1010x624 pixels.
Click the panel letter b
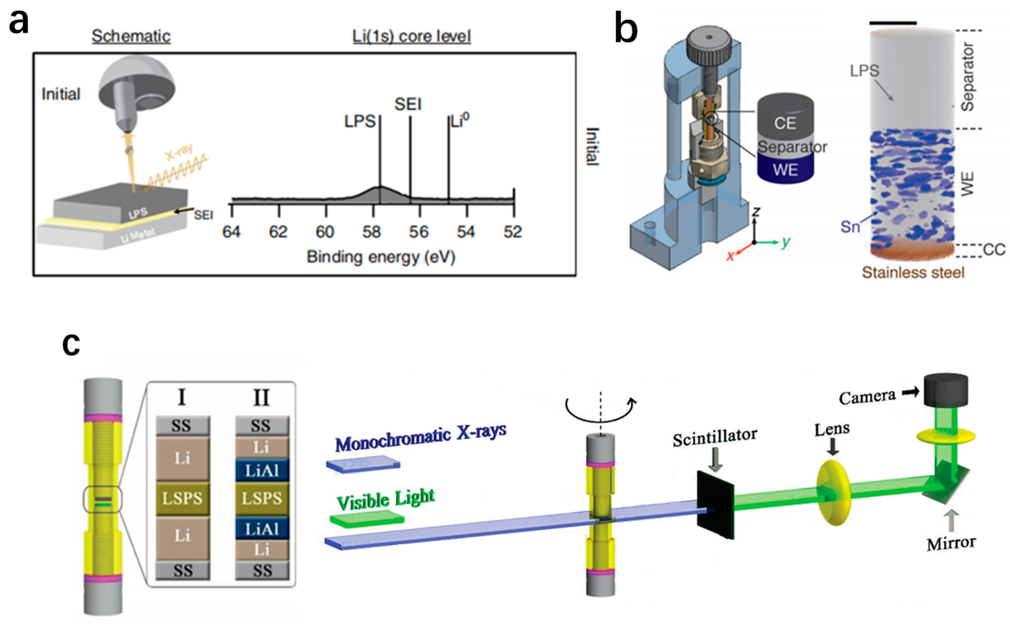pyautogui.click(x=626, y=29)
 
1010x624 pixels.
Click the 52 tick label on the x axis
pyautogui.click(x=513, y=232)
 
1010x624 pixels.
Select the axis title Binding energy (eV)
pyautogui.click(x=381, y=257)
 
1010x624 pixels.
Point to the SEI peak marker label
pyautogui.click(x=408, y=104)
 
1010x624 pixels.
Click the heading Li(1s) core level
pyautogui.click(x=411, y=36)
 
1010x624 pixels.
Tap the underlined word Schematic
pyautogui.click(x=131, y=36)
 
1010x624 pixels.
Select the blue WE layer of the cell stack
pyautogui.click(x=785, y=170)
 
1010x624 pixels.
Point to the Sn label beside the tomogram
pyautogui.click(x=850, y=226)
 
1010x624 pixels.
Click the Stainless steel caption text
pyautogui.click(x=913, y=272)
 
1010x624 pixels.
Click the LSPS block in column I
pyautogui.click(x=182, y=499)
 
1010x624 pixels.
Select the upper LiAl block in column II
pyautogui.click(x=262, y=470)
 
